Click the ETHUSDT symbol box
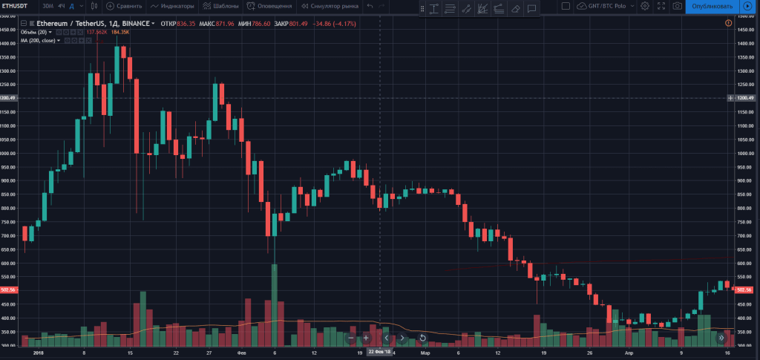pos(16,6)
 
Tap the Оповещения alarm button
pos(271,6)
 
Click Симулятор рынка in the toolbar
pos(330,6)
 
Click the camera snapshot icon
pos(678,6)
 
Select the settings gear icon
pos(645,6)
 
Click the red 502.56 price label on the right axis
pos(743,289)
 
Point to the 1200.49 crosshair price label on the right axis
pos(743,98)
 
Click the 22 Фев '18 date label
pos(380,352)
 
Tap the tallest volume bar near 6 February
pos(275,304)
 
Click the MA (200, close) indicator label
pos(40,40)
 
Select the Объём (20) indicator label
pos(35,32)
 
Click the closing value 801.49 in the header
pos(301,24)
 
